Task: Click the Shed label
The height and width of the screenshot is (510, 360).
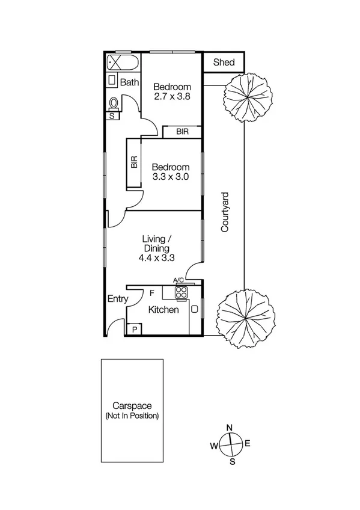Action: [223, 63]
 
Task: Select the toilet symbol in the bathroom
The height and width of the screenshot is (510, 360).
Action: [113, 103]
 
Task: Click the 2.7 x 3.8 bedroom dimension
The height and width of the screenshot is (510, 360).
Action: [171, 96]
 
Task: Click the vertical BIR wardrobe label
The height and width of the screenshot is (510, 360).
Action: [134, 162]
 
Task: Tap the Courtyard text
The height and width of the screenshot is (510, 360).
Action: [224, 212]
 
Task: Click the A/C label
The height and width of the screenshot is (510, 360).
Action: [178, 280]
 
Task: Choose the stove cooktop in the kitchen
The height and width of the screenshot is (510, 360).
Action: [181, 292]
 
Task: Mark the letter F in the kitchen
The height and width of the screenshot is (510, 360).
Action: [152, 293]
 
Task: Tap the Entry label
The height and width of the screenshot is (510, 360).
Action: [117, 299]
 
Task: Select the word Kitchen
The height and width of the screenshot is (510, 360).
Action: [163, 310]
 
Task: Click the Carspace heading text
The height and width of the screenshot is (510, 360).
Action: [132, 406]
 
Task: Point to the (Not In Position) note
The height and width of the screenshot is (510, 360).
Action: [132, 416]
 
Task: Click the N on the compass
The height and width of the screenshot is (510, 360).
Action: [229, 428]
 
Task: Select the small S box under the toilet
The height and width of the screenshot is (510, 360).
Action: [112, 117]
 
